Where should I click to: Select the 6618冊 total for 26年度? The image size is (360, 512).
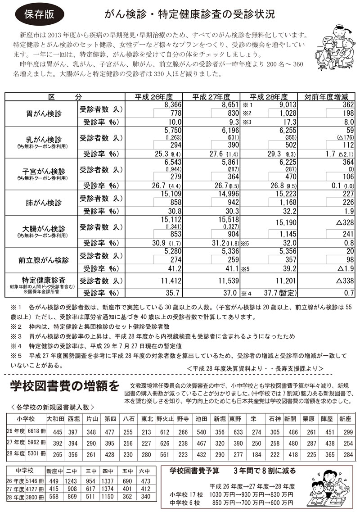[x=35, y=431]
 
